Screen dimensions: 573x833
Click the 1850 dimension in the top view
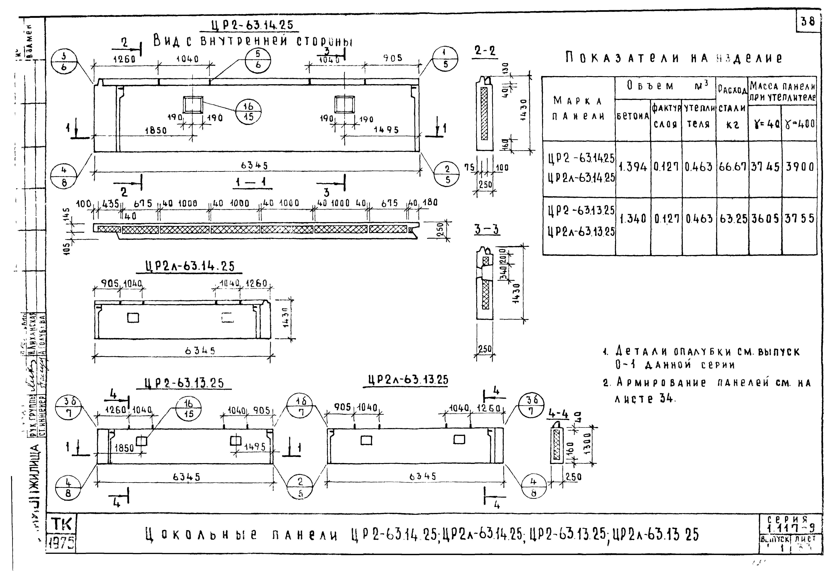[x=156, y=131]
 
